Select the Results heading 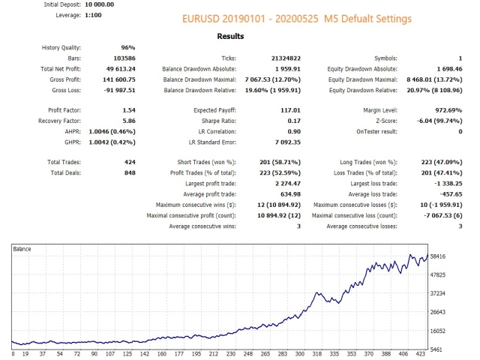pyautogui.click(x=230, y=35)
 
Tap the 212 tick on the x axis pyautogui.click(x=214, y=355)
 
